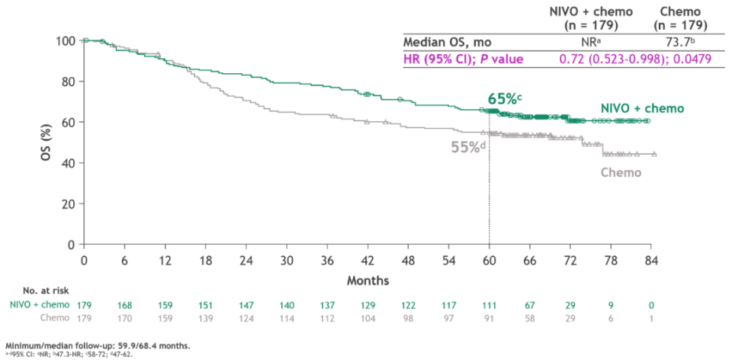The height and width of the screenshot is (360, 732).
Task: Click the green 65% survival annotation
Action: [503, 99]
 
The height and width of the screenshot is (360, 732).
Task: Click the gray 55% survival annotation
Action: [467, 147]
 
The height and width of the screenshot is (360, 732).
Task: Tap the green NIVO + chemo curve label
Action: [641, 108]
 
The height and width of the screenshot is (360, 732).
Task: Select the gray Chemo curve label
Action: [621, 172]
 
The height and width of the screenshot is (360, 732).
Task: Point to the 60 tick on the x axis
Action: [489, 259]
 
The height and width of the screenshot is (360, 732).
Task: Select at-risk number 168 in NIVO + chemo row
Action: [124, 305]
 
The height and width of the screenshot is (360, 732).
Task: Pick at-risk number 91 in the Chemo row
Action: [489, 317]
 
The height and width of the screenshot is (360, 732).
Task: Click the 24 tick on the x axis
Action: [246, 259]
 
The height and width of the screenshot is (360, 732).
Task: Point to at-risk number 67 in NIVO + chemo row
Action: [529, 305]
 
